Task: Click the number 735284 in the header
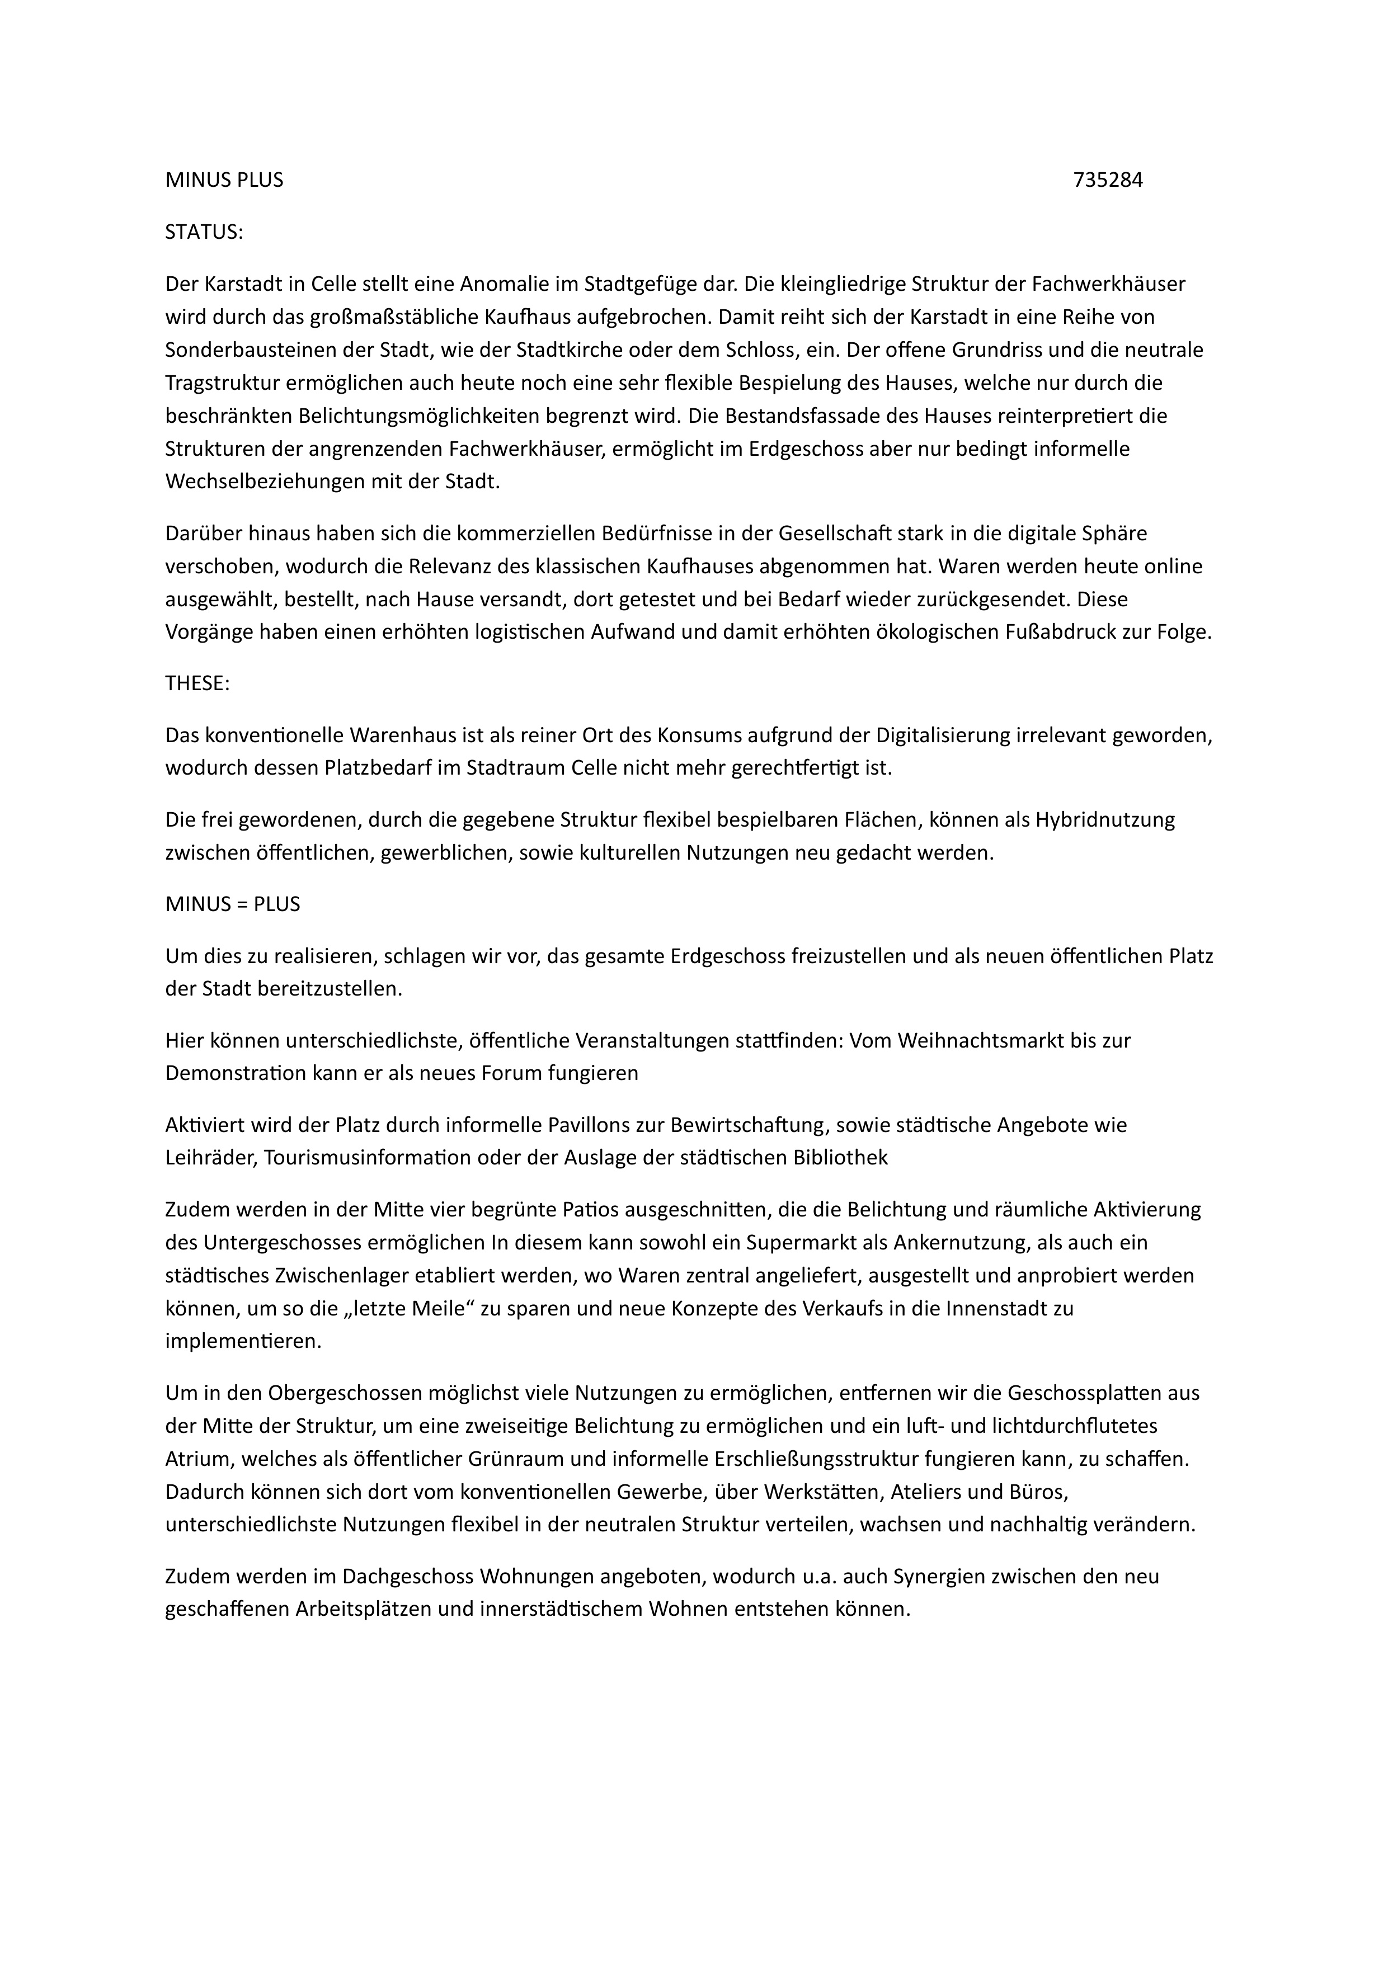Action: [1108, 180]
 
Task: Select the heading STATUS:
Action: [204, 233]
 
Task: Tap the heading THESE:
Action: [197, 683]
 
